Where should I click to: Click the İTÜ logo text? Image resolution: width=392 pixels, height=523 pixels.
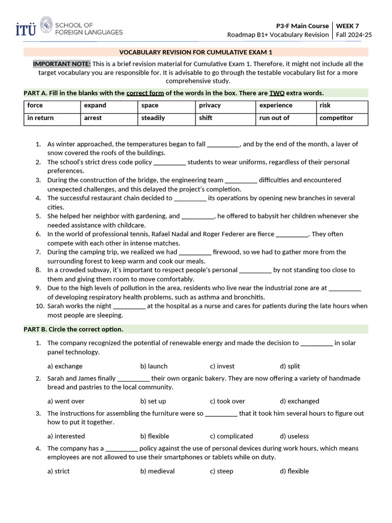click(x=26, y=29)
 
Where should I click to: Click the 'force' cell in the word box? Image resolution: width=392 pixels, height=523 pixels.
click(x=35, y=105)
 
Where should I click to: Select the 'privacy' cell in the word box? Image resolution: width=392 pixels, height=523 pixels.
click(x=210, y=105)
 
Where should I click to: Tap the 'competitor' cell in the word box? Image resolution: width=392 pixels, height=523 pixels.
click(x=336, y=118)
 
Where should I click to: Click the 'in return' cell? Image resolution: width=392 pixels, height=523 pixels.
click(x=40, y=118)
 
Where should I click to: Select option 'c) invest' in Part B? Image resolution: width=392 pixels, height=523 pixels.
click(x=222, y=366)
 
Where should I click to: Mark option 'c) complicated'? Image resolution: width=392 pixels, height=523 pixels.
click(x=231, y=436)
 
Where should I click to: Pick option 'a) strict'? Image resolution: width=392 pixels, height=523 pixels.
click(x=58, y=471)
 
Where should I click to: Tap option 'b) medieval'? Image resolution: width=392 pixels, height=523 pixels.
click(x=157, y=471)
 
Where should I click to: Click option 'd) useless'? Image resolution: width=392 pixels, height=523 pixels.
click(x=294, y=436)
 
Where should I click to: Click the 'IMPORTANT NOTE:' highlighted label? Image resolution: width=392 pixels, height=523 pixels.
click(x=62, y=64)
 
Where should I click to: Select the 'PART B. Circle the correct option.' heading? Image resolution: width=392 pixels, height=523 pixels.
click(x=73, y=329)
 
